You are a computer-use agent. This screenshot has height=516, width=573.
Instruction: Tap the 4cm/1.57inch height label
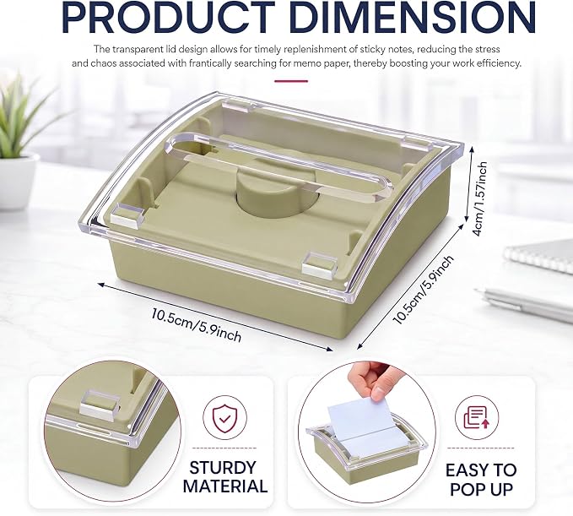click(x=479, y=199)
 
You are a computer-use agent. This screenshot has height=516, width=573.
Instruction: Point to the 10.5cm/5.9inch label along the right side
click(x=423, y=290)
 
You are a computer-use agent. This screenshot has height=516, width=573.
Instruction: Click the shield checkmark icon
click(x=224, y=418)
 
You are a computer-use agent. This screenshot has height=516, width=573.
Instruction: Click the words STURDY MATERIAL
click(x=224, y=477)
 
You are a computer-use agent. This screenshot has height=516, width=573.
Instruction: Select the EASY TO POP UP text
click(x=481, y=480)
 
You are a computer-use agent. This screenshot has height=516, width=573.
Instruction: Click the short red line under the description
click(x=291, y=81)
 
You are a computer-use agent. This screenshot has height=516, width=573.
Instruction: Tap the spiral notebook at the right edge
click(x=539, y=256)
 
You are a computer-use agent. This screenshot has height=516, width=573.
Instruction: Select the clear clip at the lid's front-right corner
click(x=319, y=263)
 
